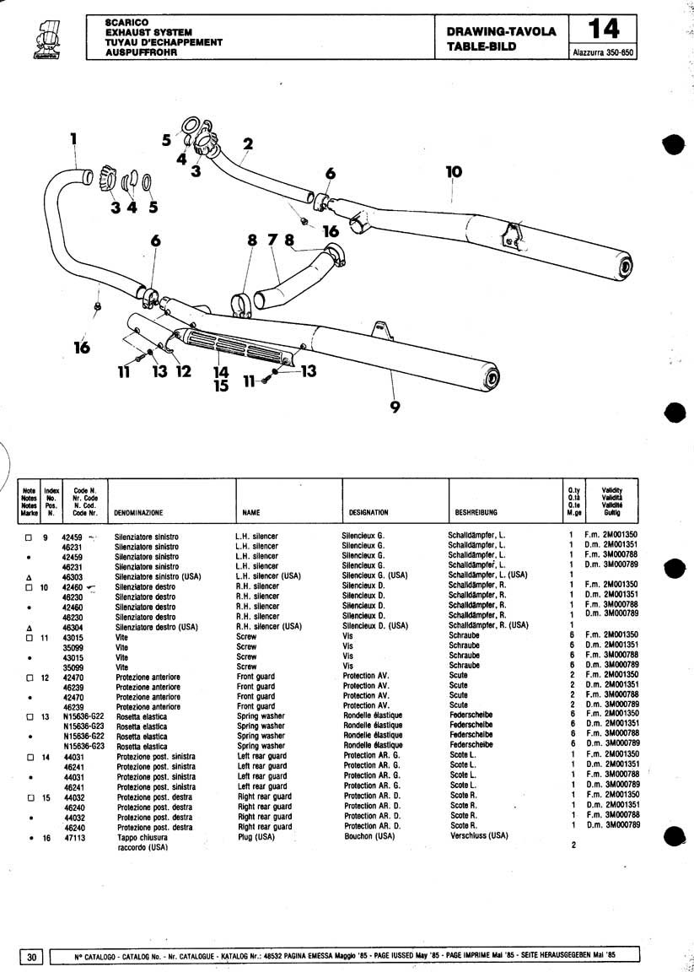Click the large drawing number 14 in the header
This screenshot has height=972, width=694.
click(x=604, y=30)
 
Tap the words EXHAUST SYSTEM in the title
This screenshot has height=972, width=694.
click(x=144, y=32)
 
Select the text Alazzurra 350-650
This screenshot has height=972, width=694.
click(x=603, y=52)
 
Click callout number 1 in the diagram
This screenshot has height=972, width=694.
click(x=73, y=138)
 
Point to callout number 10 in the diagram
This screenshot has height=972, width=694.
click(x=454, y=173)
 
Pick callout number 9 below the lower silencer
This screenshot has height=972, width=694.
click(x=395, y=407)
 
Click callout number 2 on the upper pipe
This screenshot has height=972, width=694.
click(x=247, y=144)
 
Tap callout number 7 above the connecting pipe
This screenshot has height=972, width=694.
click(x=272, y=240)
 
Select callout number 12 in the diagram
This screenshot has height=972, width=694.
click(x=184, y=370)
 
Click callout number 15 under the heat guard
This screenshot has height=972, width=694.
click(x=221, y=386)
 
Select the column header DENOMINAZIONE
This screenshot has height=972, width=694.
click(x=139, y=512)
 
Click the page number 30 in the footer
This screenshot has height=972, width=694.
click(x=31, y=956)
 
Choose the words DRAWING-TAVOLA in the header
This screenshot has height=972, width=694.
click(x=501, y=32)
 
